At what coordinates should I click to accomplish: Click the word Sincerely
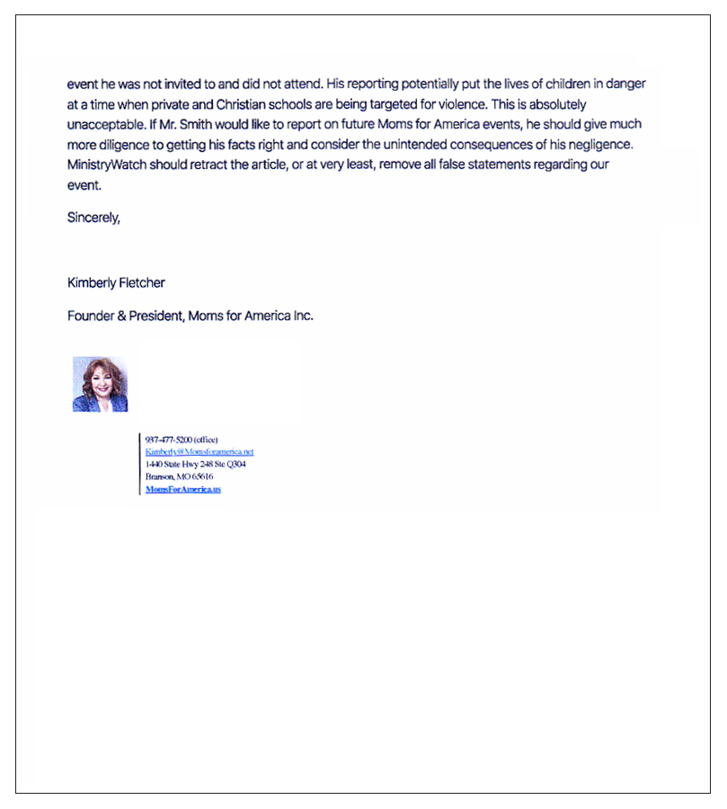93,218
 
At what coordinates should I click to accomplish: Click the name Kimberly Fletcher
116,282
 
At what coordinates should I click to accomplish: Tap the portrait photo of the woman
100,384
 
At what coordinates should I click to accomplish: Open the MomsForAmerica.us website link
182,489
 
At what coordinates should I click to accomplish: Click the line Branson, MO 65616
179,476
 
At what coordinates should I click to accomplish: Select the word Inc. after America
303,316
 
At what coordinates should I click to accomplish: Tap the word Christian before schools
284,104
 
